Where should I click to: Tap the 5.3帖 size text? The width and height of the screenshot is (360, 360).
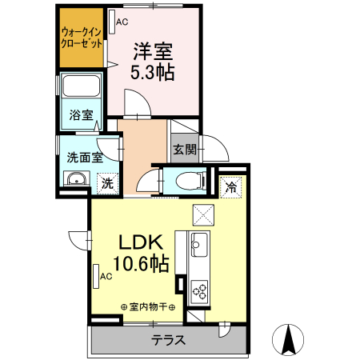(x=153, y=72)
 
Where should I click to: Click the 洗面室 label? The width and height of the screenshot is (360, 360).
(x=84, y=157)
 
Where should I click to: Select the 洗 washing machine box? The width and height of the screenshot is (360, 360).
(x=107, y=183)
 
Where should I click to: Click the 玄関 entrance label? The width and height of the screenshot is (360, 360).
(x=183, y=149)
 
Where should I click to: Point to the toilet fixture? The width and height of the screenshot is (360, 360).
(x=185, y=179)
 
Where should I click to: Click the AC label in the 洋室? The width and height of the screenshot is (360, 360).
(x=122, y=22)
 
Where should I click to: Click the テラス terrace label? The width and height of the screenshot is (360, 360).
(x=169, y=340)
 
